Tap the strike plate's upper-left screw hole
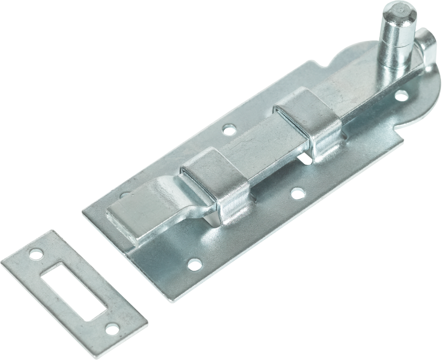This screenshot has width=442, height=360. [36, 254]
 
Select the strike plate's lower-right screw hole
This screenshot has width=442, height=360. [111, 329]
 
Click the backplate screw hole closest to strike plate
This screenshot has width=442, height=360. [194, 265]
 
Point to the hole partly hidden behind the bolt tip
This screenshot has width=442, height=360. [126, 196]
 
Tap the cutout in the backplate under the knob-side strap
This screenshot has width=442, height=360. [304, 158]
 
